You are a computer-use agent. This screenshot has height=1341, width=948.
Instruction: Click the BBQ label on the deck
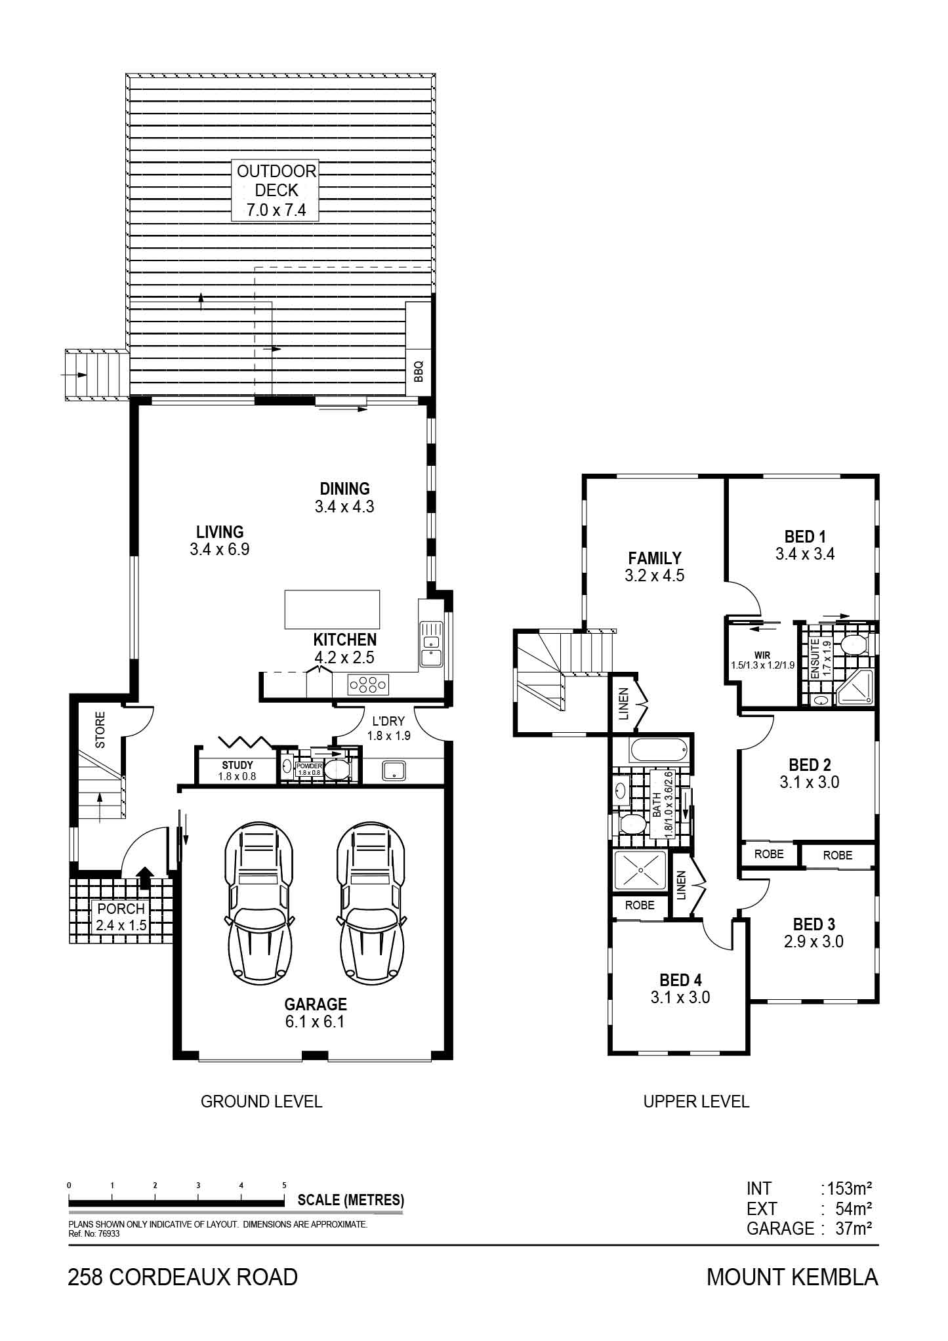[419, 372]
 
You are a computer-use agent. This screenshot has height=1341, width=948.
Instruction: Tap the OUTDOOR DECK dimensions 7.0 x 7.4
[276, 211]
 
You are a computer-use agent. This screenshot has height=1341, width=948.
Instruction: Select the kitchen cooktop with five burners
[367, 685]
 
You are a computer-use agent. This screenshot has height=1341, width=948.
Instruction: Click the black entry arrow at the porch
[144, 877]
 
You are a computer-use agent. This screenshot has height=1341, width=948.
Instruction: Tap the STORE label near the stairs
[100, 730]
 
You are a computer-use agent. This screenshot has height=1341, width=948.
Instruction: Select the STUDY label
[237, 765]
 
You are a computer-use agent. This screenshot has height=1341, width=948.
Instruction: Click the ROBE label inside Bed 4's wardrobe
[640, 905]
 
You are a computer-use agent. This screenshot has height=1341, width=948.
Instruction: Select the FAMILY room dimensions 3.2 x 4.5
[655, 575]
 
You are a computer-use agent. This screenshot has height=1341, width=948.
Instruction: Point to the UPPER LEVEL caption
[696, 1102]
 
